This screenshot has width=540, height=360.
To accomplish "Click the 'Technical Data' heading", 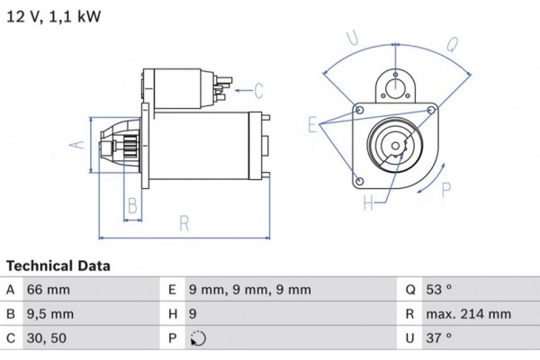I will pyautogui.click(x=58, y=266).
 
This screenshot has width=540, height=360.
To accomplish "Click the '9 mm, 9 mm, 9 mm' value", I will pyautogui.click(x=249, y=290).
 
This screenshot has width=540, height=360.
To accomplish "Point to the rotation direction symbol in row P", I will pyautogui.click(x=199, y=339).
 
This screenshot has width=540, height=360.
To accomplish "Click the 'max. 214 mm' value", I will pyautogui.click(x=470, y=314).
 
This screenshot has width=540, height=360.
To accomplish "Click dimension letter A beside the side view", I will pyautogui.click(x=78, y=143).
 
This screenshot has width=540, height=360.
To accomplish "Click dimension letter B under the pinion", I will pyautogui.click(x=131, y=205).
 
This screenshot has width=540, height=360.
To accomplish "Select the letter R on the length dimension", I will pyautogui.click(x=184, y=224).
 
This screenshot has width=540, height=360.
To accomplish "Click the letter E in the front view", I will pyautogui.click(x=312, y=125).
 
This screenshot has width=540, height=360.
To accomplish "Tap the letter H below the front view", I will pyautogui.click(x=368, y=203).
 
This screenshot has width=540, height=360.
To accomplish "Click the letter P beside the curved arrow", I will pyautogui.click(x=446, y=188).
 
